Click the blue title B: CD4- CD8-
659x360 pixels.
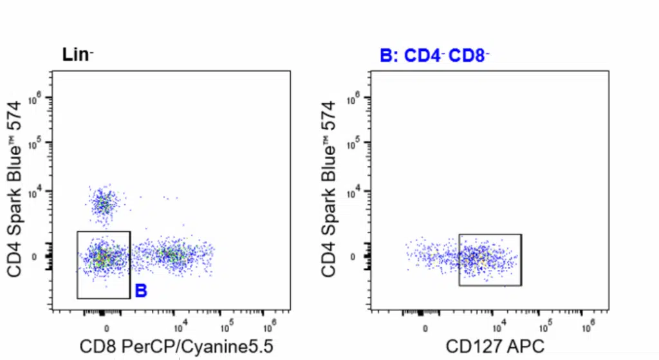(434, 56)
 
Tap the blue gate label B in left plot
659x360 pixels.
(141, 291)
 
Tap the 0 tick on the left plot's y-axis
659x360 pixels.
(41, 257)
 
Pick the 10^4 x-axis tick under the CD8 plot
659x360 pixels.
(180, 323)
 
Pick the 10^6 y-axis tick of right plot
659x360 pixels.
(353, 98)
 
